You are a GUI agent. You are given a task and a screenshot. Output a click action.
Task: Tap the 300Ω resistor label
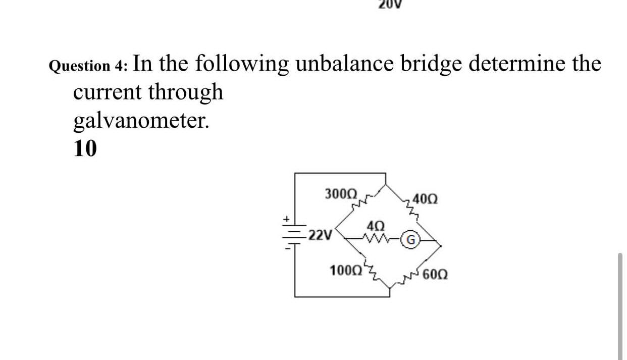point(341,193)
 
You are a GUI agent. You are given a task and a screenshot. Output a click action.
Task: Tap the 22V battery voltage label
point(321,235)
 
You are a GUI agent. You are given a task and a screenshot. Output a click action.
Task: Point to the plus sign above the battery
point(285,220)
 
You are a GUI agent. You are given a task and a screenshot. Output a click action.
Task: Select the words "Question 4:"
point(89,66)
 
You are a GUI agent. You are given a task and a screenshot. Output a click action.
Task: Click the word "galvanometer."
point(141,120)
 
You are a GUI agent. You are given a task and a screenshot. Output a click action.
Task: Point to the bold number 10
point(85,149)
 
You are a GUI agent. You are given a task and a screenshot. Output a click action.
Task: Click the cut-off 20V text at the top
point(389,5)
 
